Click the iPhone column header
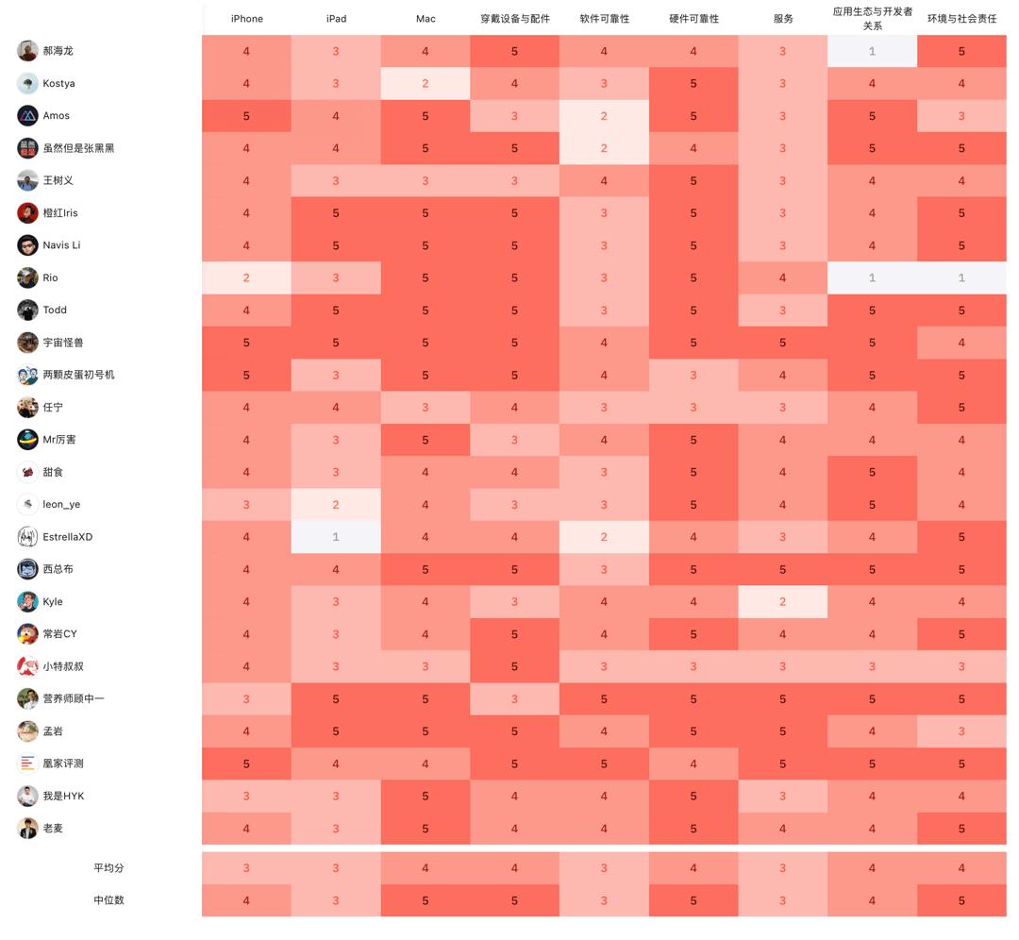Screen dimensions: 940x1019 click(x=247, y=19)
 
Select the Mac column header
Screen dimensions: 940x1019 click(x=426, y=19)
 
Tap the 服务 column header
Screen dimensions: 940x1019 click(x=782, y=19)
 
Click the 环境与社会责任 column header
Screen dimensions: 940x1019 click(x=961, y=19)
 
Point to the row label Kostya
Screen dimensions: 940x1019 click(x=58, y=84)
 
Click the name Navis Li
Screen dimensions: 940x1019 click(x=61, y=245)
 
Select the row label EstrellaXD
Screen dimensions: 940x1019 click(x=67, y=537)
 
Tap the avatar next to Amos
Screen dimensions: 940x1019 click(x=27, y=116)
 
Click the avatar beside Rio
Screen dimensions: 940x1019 click(x=27, y=277)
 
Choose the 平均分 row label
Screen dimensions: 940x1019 click(x=109, y=868)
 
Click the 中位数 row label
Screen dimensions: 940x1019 click(x=109, y=900)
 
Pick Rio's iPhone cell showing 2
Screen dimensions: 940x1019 click(x=247, y=277)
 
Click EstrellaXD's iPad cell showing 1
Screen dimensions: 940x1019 click(x=336, y=537)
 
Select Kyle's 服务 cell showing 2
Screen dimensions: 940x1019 click(x=782, y=602)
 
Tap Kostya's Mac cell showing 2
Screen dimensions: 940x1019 click(x=426, y=84)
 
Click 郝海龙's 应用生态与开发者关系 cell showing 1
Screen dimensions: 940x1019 click(x=872, y=51)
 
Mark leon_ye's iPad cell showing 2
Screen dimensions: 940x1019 click(x=336, y=505)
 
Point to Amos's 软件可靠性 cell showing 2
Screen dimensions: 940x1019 click(x=604, y=116)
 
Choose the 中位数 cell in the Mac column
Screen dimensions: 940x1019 click(x=426, y=900)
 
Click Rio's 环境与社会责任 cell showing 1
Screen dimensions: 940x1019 click(x=961, y=277)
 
